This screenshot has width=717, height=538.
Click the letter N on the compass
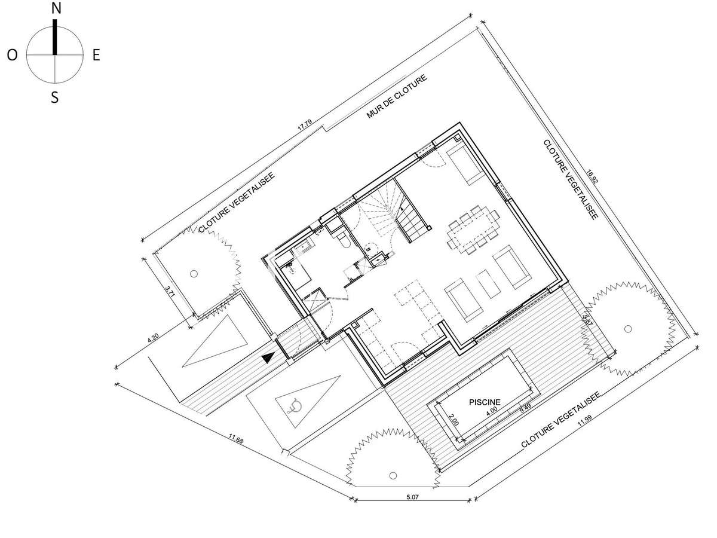[x=56, y=8]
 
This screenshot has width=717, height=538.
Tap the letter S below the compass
[x=54, y=97]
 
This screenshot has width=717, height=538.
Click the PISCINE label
[x=485, y=402]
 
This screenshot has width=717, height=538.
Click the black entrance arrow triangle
[x=269, y=357]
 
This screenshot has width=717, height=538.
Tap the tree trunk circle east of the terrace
[x=627, y=328]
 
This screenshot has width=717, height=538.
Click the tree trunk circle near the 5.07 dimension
[x=393, y=475]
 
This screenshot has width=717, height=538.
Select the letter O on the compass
[x=12, y=56]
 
